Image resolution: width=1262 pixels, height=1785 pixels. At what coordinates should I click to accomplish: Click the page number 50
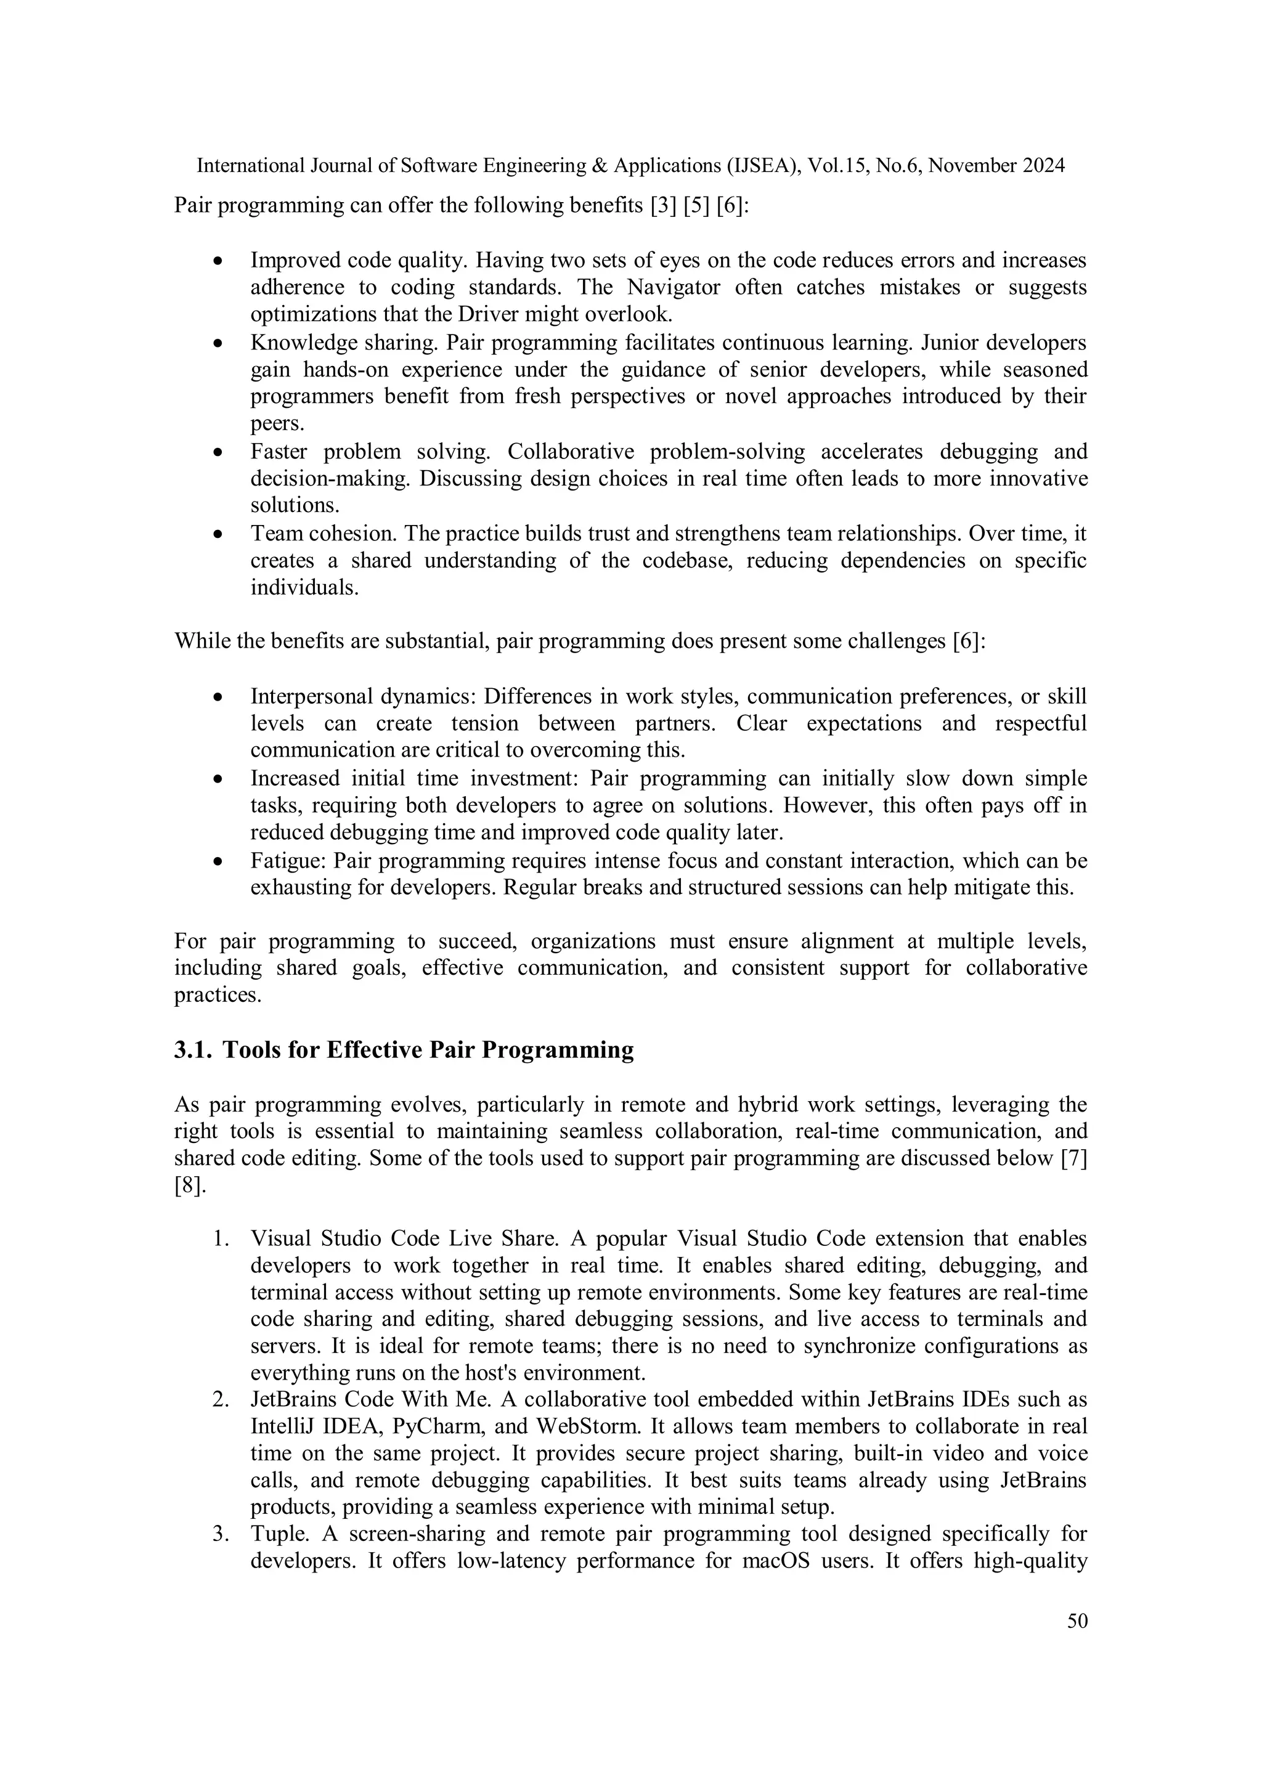click(1077, 1621)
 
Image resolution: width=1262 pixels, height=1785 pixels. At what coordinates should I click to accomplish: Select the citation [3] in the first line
click(663, 205)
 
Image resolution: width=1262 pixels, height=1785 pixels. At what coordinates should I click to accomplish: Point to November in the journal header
click(974, 166)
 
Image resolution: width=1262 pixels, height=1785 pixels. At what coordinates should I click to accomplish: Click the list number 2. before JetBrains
click(221, 1399)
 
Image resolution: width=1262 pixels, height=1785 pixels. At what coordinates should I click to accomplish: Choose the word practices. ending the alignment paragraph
click(217, 995)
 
